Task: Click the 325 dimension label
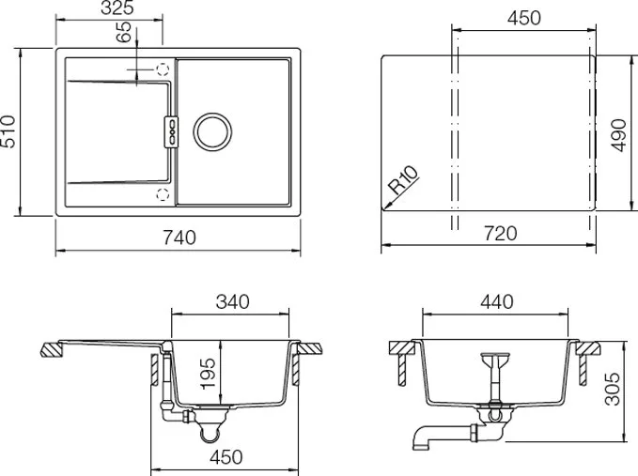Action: (117, 8)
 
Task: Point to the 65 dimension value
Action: (124, 32)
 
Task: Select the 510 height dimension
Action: (8, 131)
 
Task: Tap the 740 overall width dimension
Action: (179, 238)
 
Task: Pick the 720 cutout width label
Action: (501, 234)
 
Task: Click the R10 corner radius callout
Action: (403, 179)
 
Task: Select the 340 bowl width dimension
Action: (232, 302)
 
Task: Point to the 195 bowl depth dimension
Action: (208, 373)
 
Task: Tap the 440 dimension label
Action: (497, 302)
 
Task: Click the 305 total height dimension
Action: (613, 389)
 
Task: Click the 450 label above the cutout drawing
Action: (524, 18)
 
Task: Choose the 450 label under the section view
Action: (226, 457)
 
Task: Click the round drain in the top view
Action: (212, 131)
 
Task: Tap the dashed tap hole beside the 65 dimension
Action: (163, 69)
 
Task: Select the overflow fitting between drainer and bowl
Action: (171, 132)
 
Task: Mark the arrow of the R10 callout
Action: (389, 201)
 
